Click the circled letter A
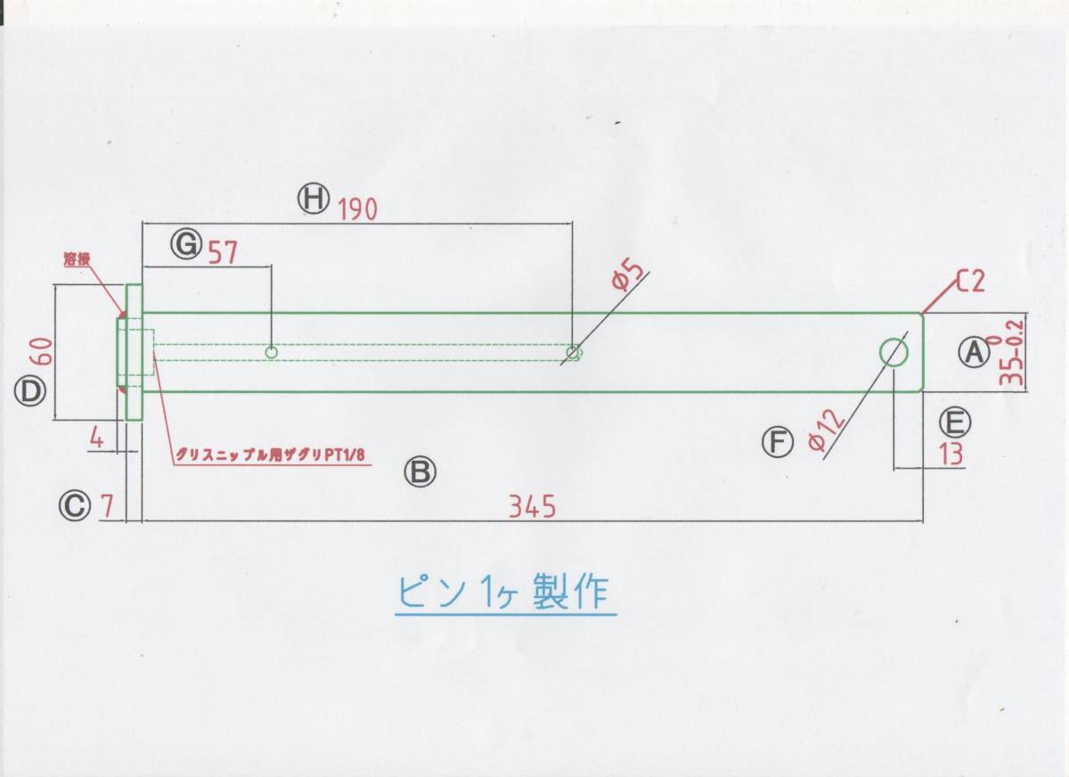(x=974, y=352)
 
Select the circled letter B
(x=420, y=471)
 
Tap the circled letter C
(x=75, y=507)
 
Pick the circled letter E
(x=954, y=421)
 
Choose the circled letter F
(x=778, y=441)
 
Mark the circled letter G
(x=186, y=244)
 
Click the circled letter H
(x=314, y=199)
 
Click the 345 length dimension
(x=532, y=507)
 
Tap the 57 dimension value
(x=223, y=254)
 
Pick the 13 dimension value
(x=951, y=454)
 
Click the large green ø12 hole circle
(x=894, y=352)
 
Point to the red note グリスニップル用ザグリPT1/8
(x=272, y=454)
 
